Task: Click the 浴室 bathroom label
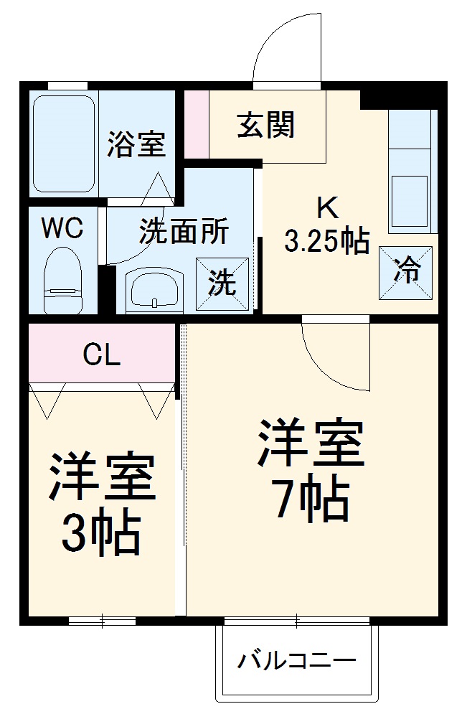click(x=136, y=144)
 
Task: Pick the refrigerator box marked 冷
click(x=406, y=273)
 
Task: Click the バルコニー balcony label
click(x=297, y=658)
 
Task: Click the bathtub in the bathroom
click(x=64, y=144)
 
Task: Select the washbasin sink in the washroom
click(x=154, y=291)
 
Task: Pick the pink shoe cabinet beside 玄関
click(x=197, y=123)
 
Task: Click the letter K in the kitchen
click(x=326, y=208)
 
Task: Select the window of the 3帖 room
click(x=102, y=620)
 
